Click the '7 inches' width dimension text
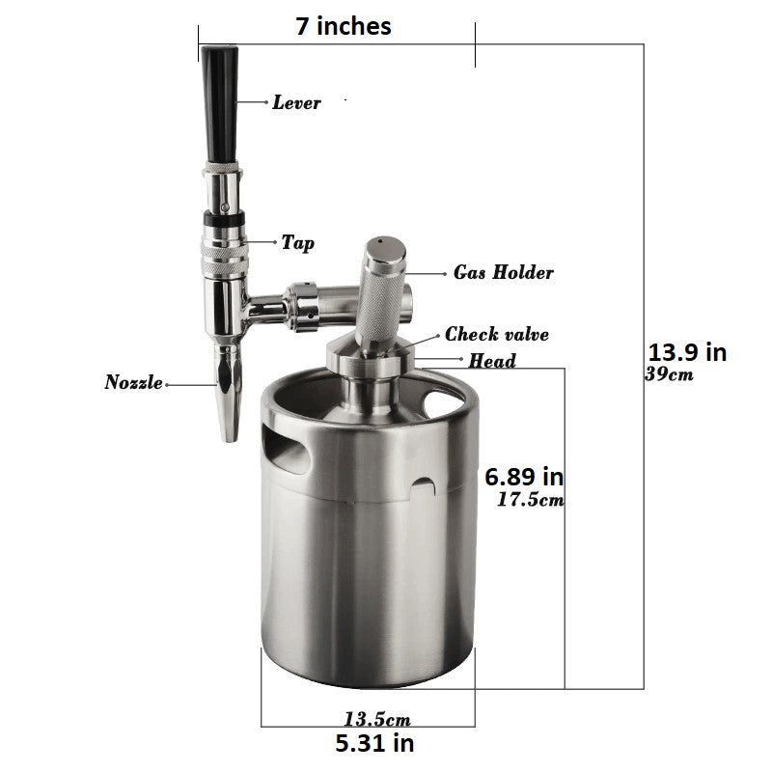[344, 26]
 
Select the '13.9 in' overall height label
[687, 352]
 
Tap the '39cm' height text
[669, 374]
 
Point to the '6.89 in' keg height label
[524, 477]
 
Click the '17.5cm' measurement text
[531, 500]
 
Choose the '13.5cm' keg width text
[377, 719]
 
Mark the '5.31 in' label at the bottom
[374, 743]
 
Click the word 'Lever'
[296, 102]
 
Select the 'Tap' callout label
[298, 243]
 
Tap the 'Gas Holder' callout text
[503, 272]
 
